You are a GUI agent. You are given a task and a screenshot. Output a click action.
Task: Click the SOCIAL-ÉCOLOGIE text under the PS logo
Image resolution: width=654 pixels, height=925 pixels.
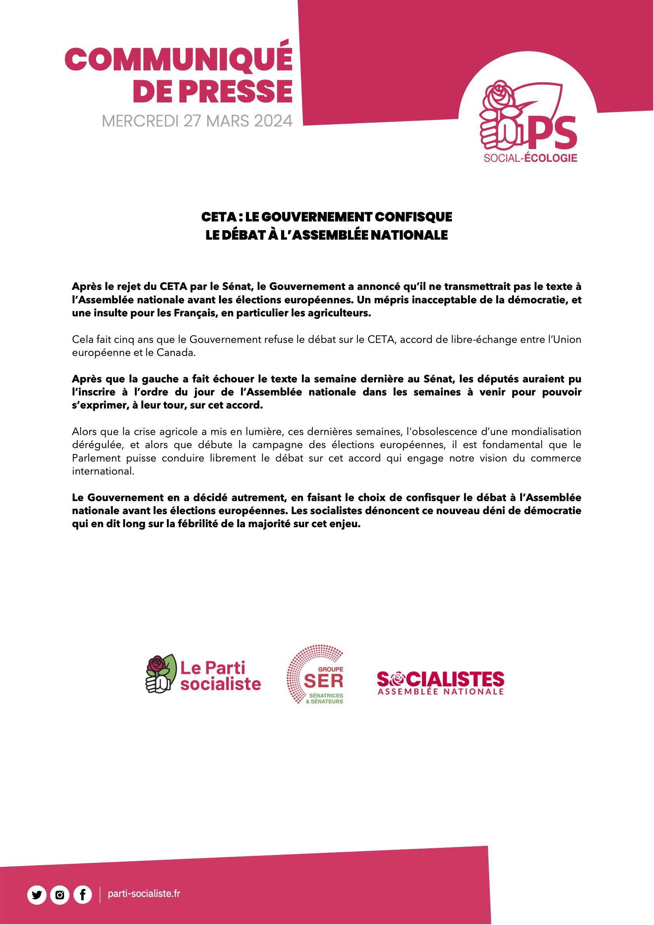530,158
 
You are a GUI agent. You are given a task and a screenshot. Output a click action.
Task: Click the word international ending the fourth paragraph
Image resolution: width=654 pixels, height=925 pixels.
103,471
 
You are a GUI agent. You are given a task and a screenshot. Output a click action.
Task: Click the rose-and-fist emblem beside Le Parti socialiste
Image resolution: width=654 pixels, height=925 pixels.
161,673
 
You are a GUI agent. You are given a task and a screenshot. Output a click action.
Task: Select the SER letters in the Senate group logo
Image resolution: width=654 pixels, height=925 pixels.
323,681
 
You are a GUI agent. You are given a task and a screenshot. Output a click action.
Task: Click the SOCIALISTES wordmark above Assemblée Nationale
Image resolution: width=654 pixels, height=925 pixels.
440,679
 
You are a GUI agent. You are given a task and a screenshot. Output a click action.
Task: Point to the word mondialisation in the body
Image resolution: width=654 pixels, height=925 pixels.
546,431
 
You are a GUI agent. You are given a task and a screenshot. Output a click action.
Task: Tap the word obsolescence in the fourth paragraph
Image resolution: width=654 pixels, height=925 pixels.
442,431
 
